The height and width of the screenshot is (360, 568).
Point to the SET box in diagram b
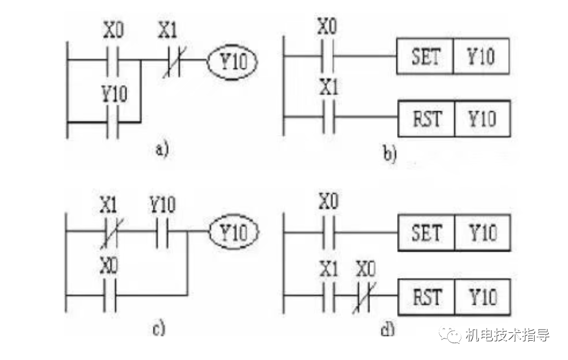click(x=425, y=57)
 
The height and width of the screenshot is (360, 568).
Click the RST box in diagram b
click(x=426, y=118)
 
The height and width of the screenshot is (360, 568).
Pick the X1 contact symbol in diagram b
click(x=328, y=118)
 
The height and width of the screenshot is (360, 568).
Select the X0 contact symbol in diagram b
click(x=328, y=56)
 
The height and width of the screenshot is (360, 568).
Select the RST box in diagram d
click(x=426, y=295)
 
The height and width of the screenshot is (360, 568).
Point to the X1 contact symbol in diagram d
click(x=328, y=295)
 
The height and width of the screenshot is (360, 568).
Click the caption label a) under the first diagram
click(x=161, y=150)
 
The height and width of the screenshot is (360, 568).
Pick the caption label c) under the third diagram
click(x=160, y=328)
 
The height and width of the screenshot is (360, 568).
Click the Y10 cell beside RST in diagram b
click(x=482, y=118)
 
